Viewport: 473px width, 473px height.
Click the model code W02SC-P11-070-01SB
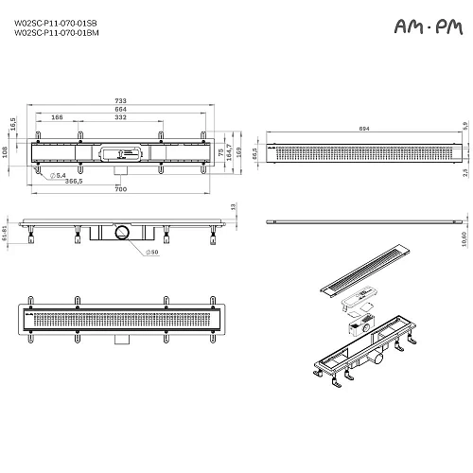pos(55,25)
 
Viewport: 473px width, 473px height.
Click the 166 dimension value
pos(82,118)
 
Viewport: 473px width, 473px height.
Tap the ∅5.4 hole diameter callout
pos(58,175)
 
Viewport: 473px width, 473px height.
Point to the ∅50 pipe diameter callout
pos(154,251)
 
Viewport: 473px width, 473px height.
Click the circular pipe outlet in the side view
pos(121,231)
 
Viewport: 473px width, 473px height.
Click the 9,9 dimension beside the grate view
pos(464,125)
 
